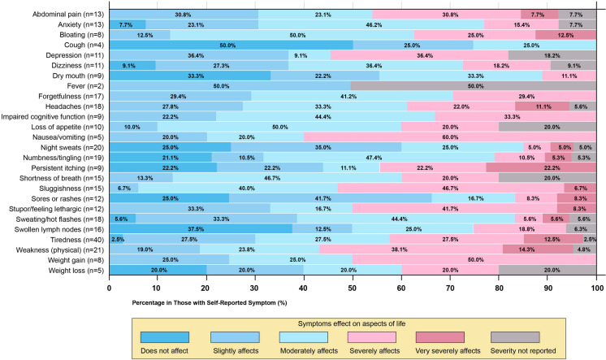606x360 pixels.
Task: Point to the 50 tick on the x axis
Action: [x=353, y=287]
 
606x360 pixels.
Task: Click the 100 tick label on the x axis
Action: [x=597, y=287]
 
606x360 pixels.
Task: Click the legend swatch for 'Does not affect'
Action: [x=165, y=336]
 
